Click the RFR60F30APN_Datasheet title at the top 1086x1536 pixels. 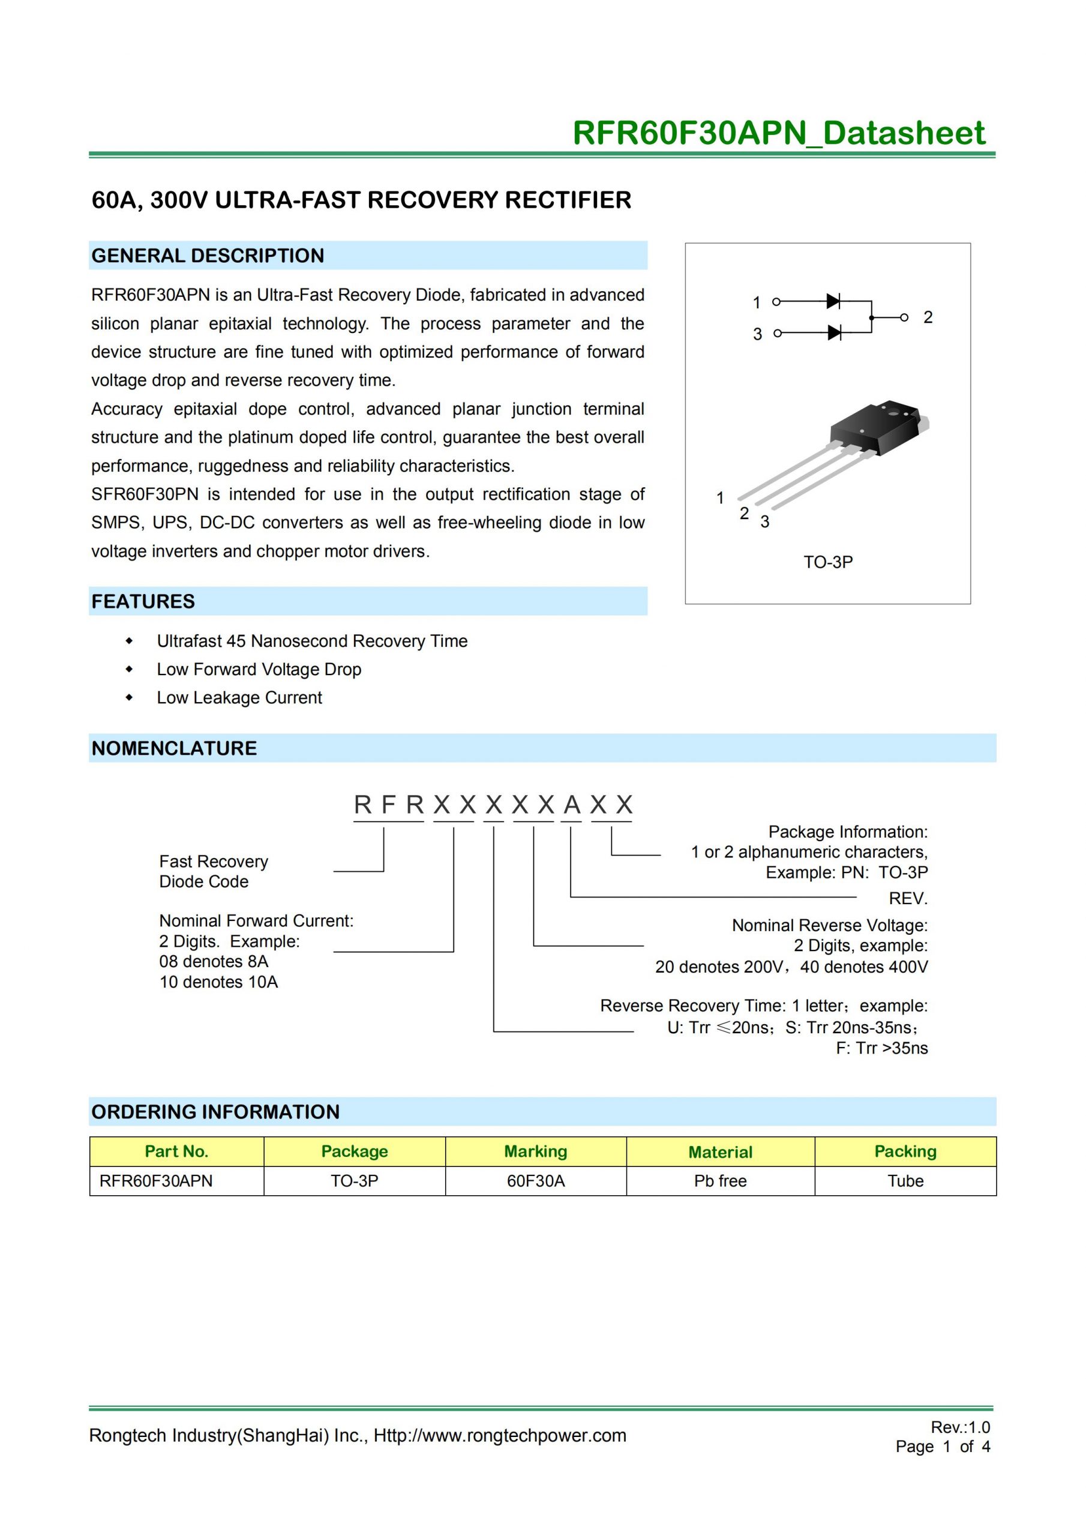coord(778,133)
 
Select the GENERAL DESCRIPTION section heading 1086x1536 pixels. coord(208,256)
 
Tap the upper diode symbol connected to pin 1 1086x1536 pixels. coord(833,301)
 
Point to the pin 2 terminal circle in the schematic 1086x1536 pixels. coord(904,317)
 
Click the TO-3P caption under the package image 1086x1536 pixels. coord(828,562)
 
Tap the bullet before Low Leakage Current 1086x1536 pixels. coord(129,697)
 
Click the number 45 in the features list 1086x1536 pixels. coord(236,641)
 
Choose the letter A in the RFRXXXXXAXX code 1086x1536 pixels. coord(571,805)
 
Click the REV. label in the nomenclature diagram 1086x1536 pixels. coord(907,898)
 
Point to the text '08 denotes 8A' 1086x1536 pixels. coord(214,961)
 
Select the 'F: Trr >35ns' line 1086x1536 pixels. coord(881,1048)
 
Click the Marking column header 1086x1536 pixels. coord(535,1151)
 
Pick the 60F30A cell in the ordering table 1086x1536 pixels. coord(535,1181)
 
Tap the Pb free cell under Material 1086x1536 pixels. coord(720,1181)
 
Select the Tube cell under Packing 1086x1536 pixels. coord(905,1181)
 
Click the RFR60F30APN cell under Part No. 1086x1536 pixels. coord(156,1181)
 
